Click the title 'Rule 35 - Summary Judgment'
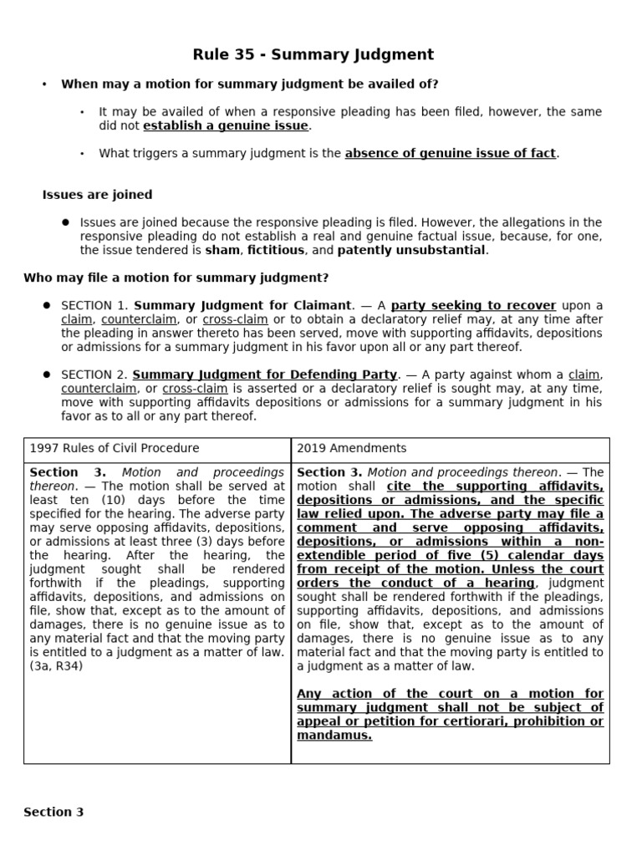click(x=313, y=55)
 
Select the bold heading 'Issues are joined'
click(x=97, y=195)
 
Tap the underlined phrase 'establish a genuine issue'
click(x=226, y=126)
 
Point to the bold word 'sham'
click(x=223, y=250)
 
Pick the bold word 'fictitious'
click(x=277, y=250)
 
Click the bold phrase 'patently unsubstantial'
click(x=410, y=250)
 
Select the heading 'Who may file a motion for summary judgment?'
click(x=176, y=277)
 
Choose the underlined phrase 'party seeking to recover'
click(x=473, y=305)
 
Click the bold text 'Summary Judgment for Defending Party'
click(x=265, y=374)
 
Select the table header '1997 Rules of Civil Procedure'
click(x=115, y=448)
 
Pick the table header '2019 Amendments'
click(x=352, y=448)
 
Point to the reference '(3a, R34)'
click(x=57, y=666)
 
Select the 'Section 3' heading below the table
click(x=53, y=812)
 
